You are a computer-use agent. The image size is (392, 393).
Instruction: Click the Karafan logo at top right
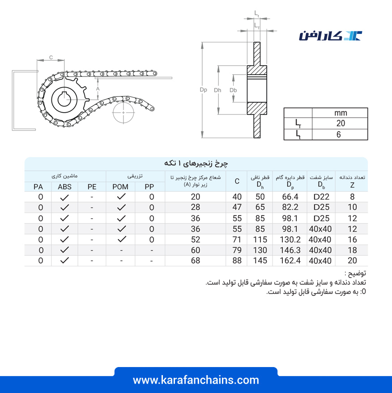point(330,36)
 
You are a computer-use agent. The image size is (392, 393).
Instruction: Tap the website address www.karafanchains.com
point(196,380)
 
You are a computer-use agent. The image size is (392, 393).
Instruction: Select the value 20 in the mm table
point(341,123)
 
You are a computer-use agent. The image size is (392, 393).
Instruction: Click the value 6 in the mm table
point(339,135)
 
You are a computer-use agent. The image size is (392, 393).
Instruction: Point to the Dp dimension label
point(204,90)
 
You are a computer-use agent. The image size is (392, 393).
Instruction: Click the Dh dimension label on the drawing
point(217,90)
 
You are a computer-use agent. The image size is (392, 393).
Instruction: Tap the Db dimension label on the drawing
point(233,90)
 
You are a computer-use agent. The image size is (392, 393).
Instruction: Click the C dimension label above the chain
point(51,57)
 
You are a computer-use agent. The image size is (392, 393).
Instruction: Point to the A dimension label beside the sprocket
point(98,89)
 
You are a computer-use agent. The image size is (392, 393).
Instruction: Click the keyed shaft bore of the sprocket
point(64,100)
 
